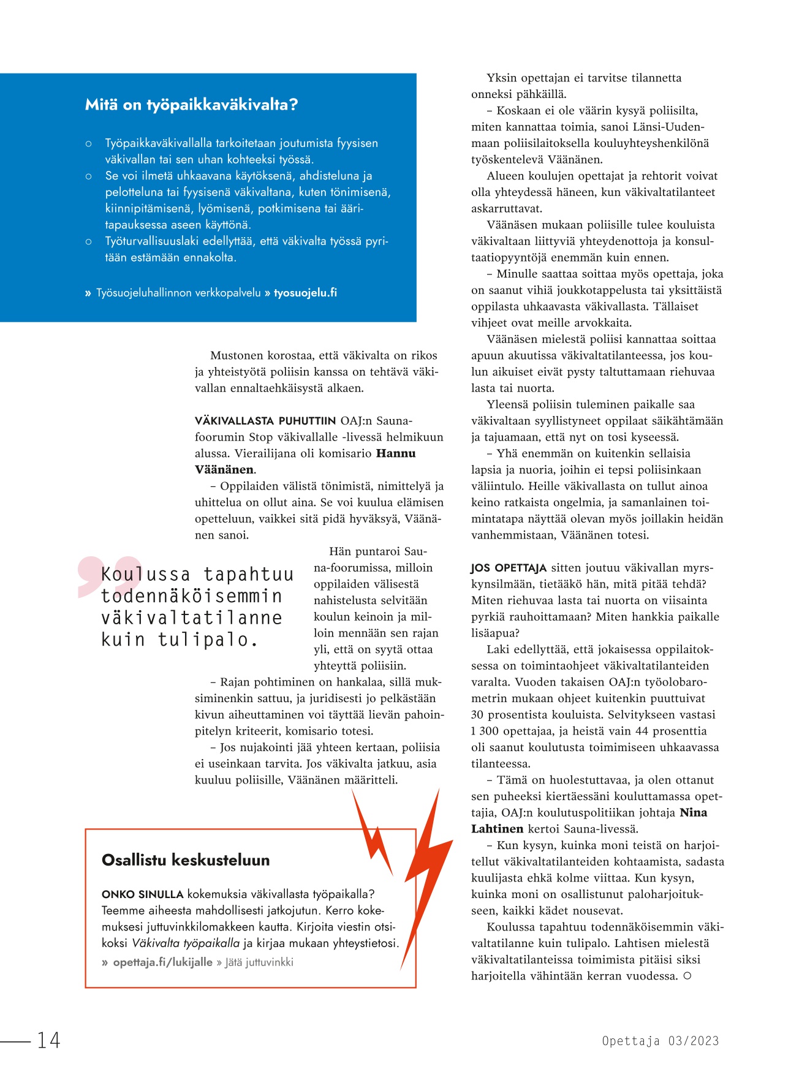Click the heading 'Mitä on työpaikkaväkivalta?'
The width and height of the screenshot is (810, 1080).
[x=191, y=105]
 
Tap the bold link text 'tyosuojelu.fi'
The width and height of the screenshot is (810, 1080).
[x=305, y=293]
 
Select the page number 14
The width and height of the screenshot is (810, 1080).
[x=49, y=1040]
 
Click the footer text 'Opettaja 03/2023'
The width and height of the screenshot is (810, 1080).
[x=660, y=1041]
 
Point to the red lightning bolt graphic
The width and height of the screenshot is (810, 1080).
[x=423, y=882]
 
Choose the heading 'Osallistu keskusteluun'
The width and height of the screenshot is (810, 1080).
[x=186, y=860]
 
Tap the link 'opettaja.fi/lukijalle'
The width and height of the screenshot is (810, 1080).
[x=163, y=962]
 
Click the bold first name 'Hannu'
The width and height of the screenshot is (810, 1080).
[x=396, y=453]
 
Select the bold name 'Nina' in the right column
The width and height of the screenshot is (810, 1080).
[x=694, y=813]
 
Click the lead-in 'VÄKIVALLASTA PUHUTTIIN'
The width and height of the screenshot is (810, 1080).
[x=265, y=421]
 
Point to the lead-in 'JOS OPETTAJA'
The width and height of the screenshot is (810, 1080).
[x=509, y=568]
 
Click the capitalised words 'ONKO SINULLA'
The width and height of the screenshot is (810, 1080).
[x=142, y=894]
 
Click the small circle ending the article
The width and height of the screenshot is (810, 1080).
[x=687, y=976]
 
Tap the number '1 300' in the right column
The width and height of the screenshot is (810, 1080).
[x=485, y=731]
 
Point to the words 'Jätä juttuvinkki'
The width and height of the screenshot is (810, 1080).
[x=259, y=962]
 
